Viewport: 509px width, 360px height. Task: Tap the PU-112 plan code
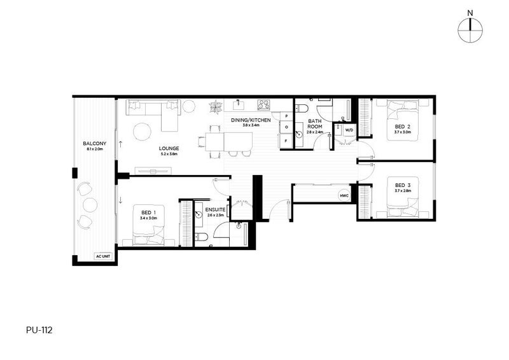click(39, 331)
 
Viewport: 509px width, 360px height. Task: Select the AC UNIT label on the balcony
click(102, 256)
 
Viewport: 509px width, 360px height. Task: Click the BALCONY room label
click(94, 144)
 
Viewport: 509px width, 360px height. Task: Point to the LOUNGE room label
click(169, 148)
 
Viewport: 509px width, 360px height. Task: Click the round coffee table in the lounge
click(142, 132)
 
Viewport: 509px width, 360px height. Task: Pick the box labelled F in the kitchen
click(286, 140)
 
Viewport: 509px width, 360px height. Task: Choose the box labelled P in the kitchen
click(286, 116)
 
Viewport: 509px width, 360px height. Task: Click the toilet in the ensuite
click(200, 238)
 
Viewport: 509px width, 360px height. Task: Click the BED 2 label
click(402, 127)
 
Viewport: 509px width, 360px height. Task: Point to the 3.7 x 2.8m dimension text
click(402, 191)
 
